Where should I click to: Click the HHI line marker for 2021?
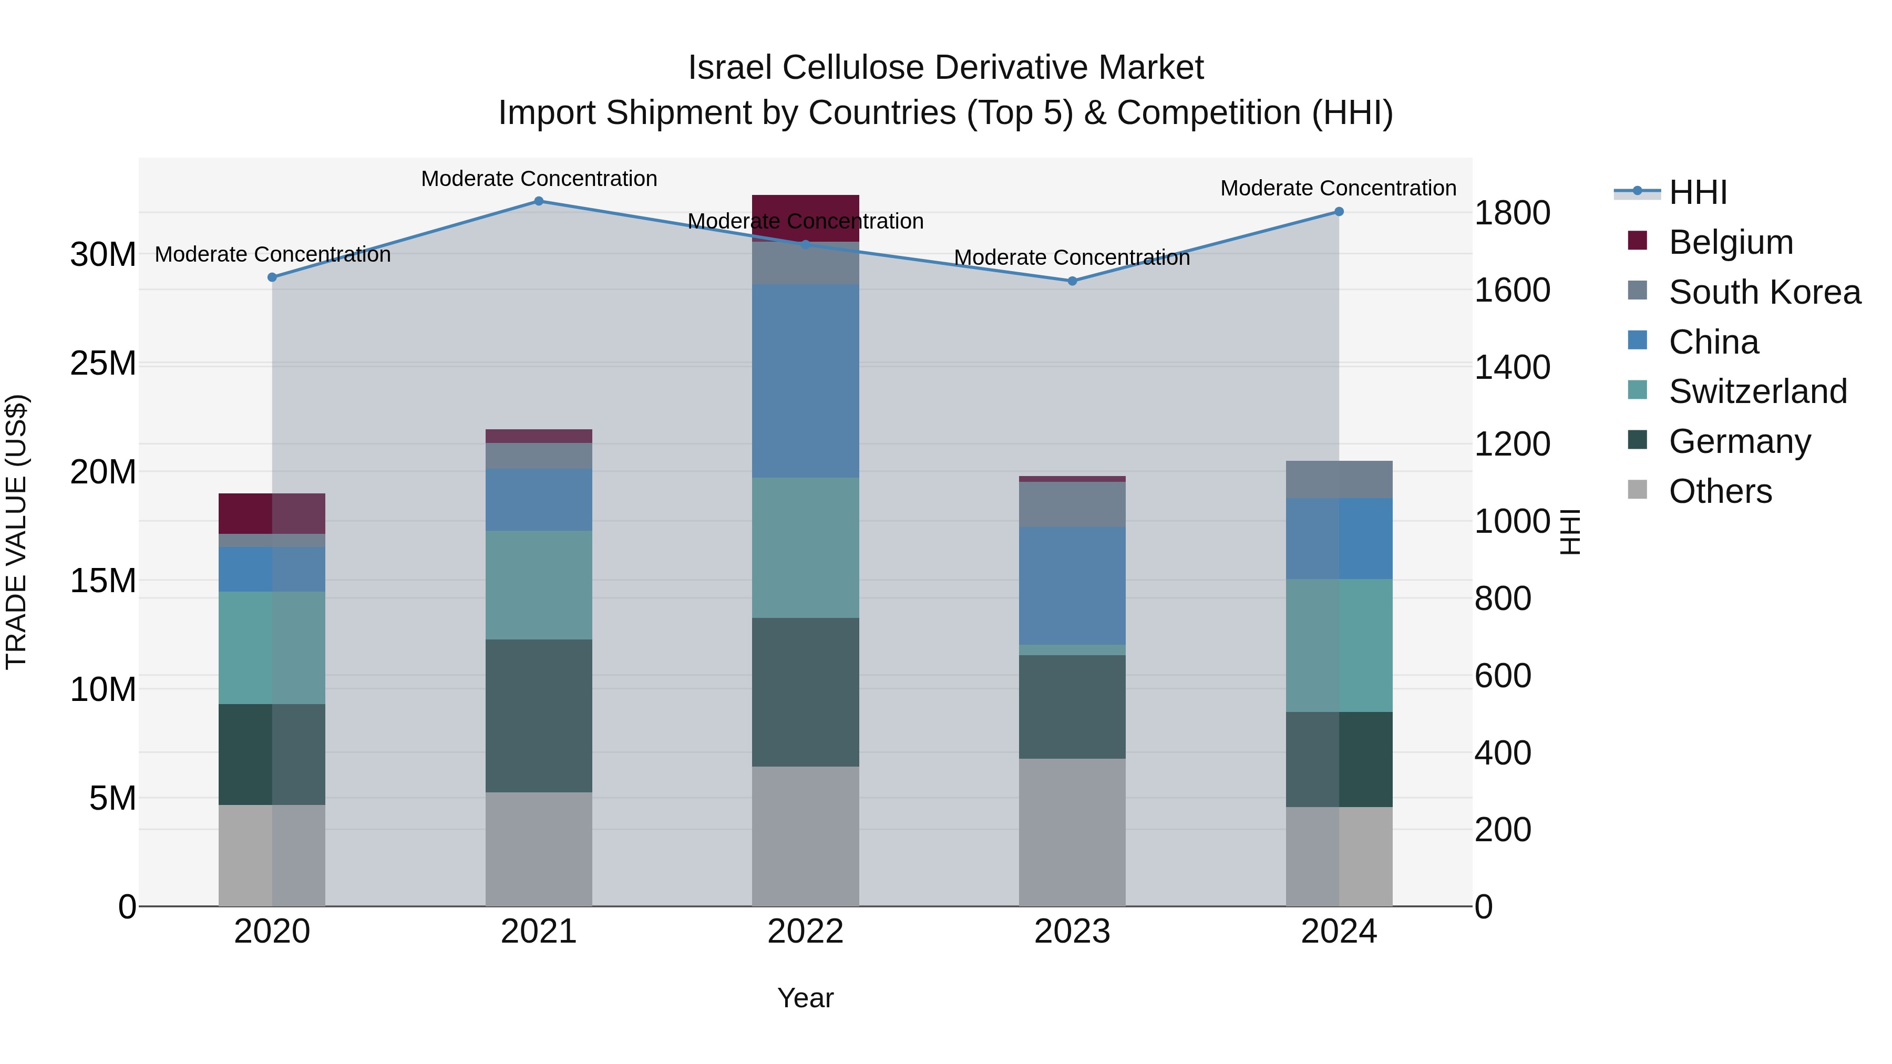click(538, 201)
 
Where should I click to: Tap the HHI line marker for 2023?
click(1072, 281)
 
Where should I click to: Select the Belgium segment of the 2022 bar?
click(805, 218)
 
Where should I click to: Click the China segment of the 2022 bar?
click(805, 381)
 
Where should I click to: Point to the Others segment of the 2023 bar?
click(1072, 832)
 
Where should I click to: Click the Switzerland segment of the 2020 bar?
click(272, 648)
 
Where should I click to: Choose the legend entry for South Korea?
click(1764, 292)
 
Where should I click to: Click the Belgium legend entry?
click(1731, 242)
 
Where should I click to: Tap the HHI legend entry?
click(1698, 192)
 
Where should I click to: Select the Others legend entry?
click(1720, 491)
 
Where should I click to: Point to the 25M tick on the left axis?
click(103, 364)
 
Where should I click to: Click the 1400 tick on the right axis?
click(1512, 367)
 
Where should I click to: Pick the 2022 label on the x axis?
click(805, 932)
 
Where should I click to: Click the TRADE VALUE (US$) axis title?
click(17, 532)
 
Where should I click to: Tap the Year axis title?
click(805, 998)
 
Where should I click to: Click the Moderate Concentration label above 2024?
click(1338, 189)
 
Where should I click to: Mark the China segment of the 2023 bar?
click(1072, 585)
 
